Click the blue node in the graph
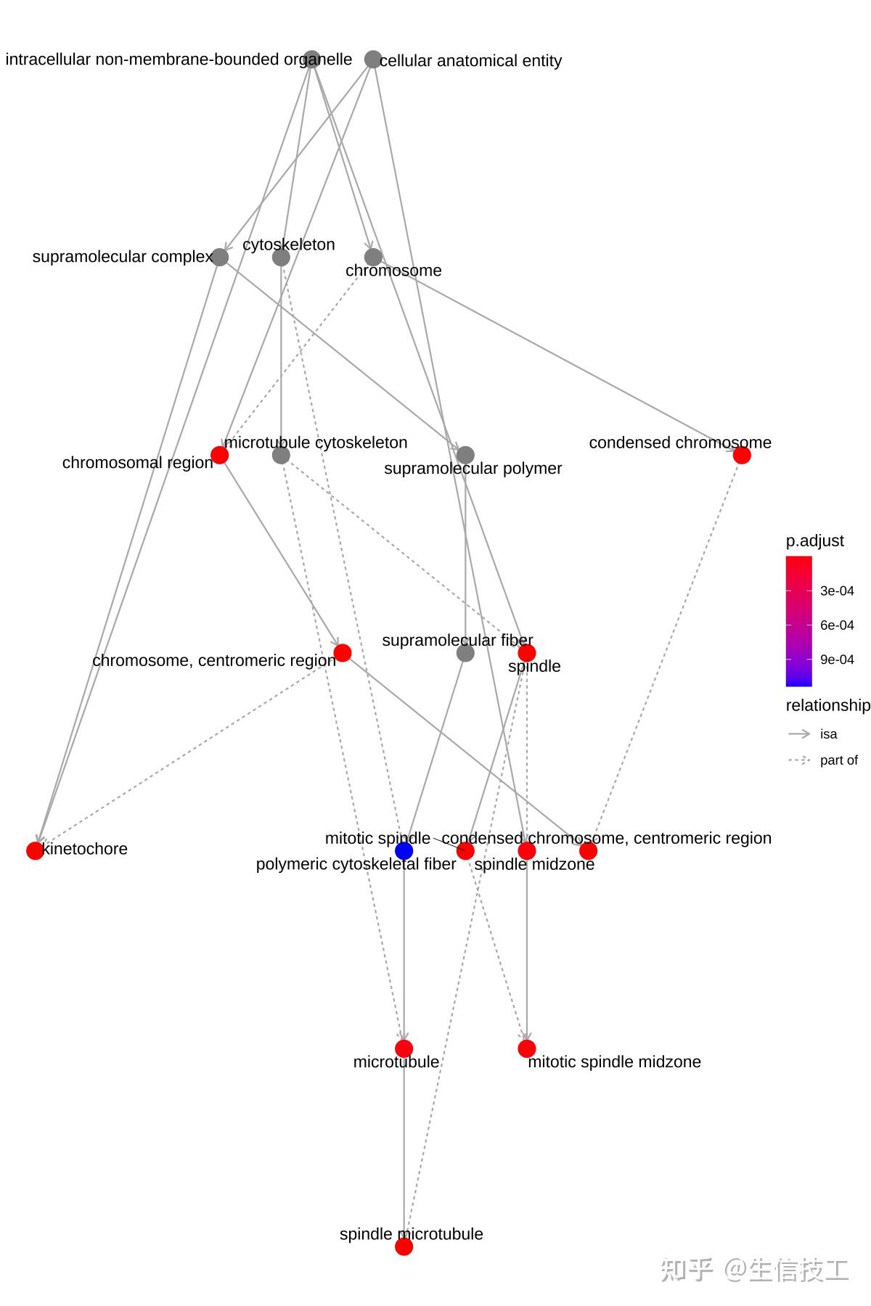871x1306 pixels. pos(404,850)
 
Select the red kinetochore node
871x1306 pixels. pos(35,850)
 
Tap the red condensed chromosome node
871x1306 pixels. pos(742,455)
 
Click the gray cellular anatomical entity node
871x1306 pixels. pos(373,59)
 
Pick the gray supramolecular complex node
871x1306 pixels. pos(219,257)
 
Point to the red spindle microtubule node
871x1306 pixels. pos(404,1247)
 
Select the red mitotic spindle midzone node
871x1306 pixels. pos(527,1048)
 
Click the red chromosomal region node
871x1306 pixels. pos(219,455)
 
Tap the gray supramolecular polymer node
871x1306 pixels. pos(465,455)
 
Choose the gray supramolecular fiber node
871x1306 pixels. pos(465,653)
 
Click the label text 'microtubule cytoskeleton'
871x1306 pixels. pos(316,443)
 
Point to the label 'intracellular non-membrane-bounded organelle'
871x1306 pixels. pos(179,59)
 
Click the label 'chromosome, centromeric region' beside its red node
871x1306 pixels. pos(213,660)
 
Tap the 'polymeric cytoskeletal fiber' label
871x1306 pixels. pos(356,864)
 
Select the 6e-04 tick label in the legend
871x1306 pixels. pos(837,625)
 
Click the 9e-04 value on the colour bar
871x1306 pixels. pos(837,660)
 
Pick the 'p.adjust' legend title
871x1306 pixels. pos(814,541)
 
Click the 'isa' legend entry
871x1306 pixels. pos(828,734)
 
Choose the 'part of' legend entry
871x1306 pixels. pos(838,760)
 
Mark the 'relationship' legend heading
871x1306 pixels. pos(827,705)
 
